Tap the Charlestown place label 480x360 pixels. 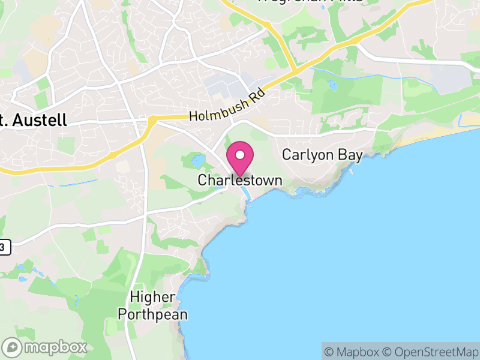coord(240,180)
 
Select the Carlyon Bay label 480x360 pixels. coord(322,155)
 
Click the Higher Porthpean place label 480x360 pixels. coord(152,305)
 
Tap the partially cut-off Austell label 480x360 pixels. coord(33,120)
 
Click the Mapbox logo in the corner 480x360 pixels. coord(45,347)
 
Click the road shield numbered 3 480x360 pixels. coord(5,247)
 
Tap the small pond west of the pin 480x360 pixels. coord(197,161)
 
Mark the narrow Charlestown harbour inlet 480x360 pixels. coord(245,193)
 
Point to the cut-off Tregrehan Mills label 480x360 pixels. coord(311,1)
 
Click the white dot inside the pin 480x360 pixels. coord(240,155)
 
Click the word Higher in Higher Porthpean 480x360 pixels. coord(152,297)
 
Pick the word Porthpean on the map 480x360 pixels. coord(152,314)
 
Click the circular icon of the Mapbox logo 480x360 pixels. coord(12,347)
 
